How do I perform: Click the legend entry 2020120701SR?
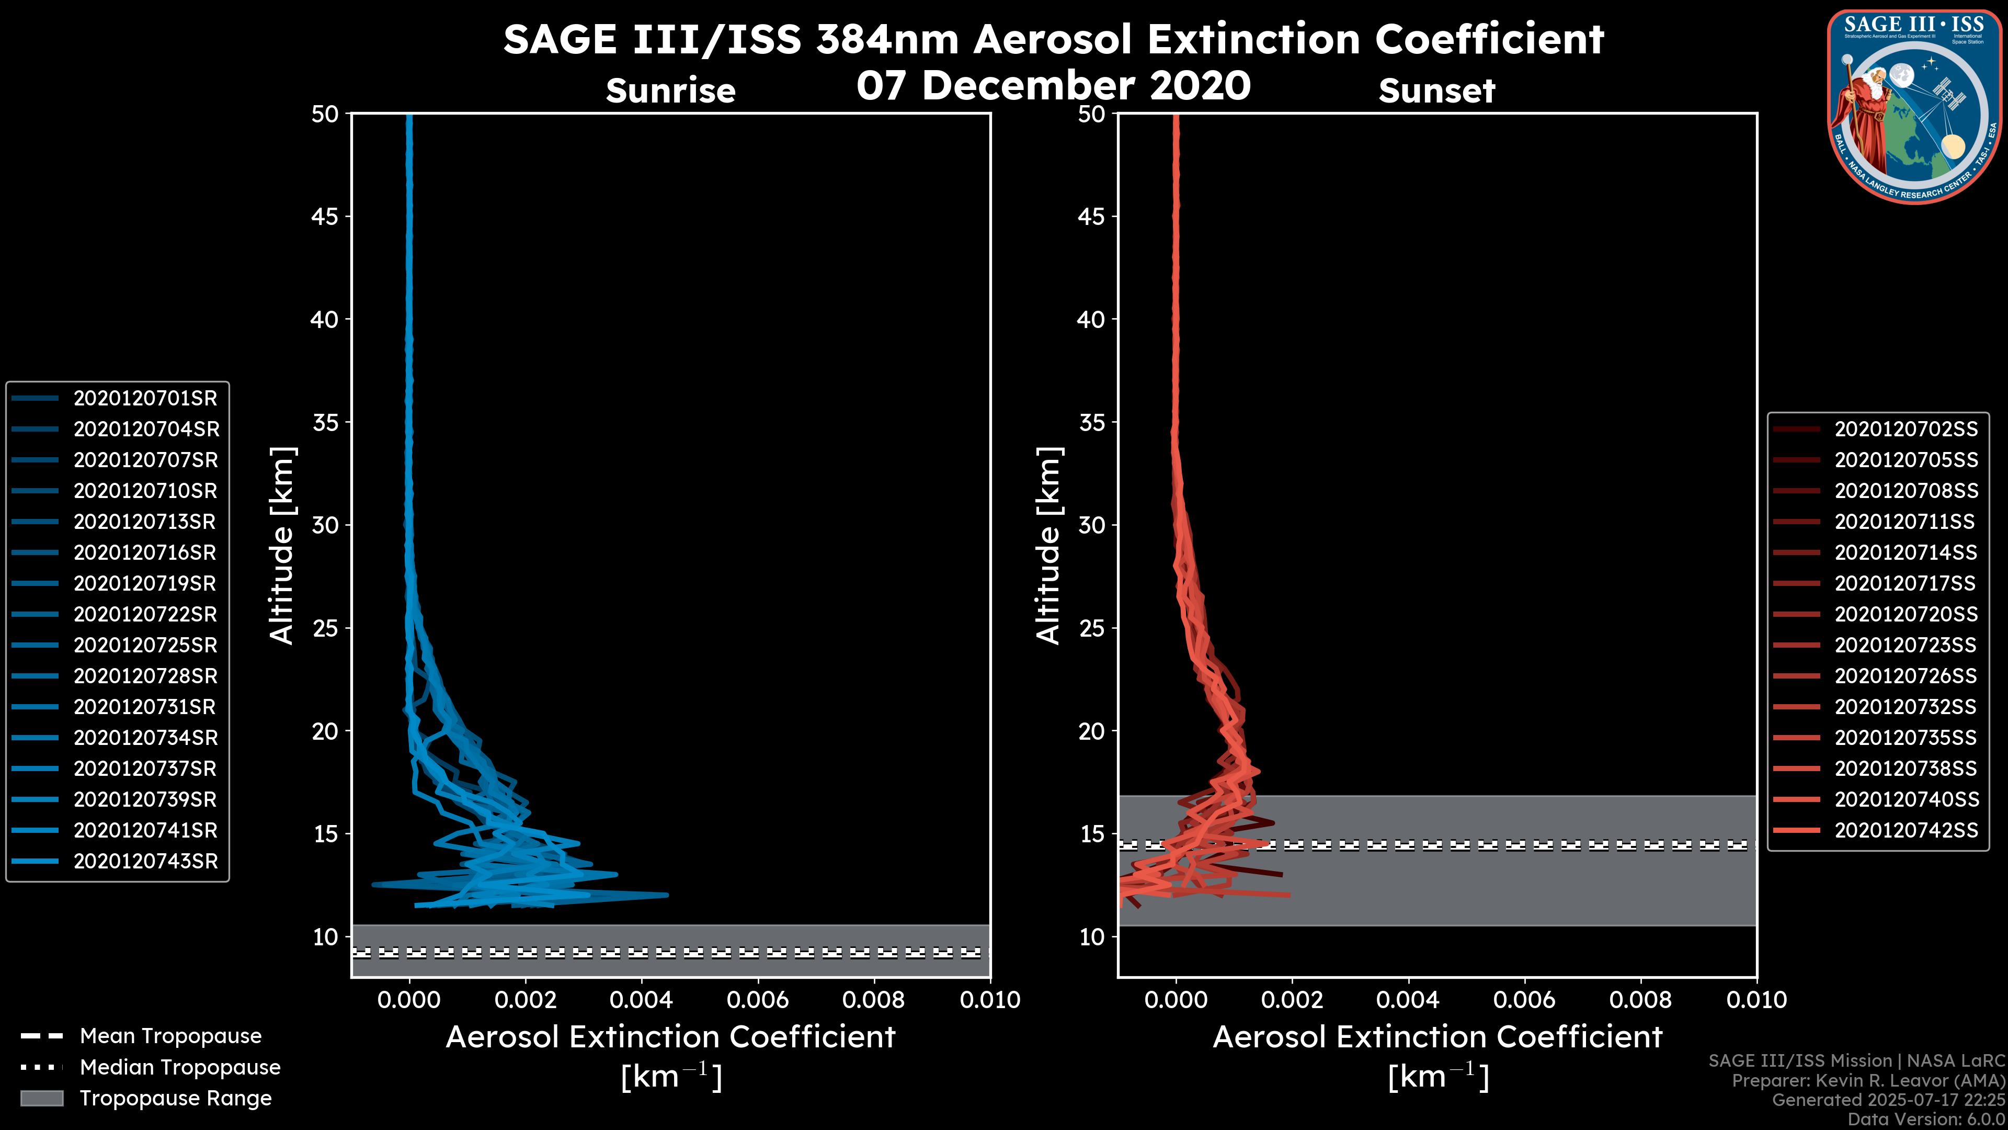point(145,399)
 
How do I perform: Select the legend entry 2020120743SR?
point(145,862)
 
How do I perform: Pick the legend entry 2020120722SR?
point(145,615)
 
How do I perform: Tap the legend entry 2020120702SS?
point(1905,430)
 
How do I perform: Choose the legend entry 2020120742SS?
point(1905,831)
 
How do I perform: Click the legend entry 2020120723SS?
point(1905,646)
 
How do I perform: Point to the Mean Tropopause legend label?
point(170,1036)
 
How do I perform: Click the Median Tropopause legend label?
point(180,1068)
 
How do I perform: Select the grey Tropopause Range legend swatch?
point(41,1098)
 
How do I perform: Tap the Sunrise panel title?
point(670,91)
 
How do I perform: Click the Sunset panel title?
point(1436,91)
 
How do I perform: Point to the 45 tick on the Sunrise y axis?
point(325,217)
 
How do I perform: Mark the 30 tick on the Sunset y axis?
point(1091,526)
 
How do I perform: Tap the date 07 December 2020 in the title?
point(1053,85)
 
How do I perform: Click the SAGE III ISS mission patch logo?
point(1916,106)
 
